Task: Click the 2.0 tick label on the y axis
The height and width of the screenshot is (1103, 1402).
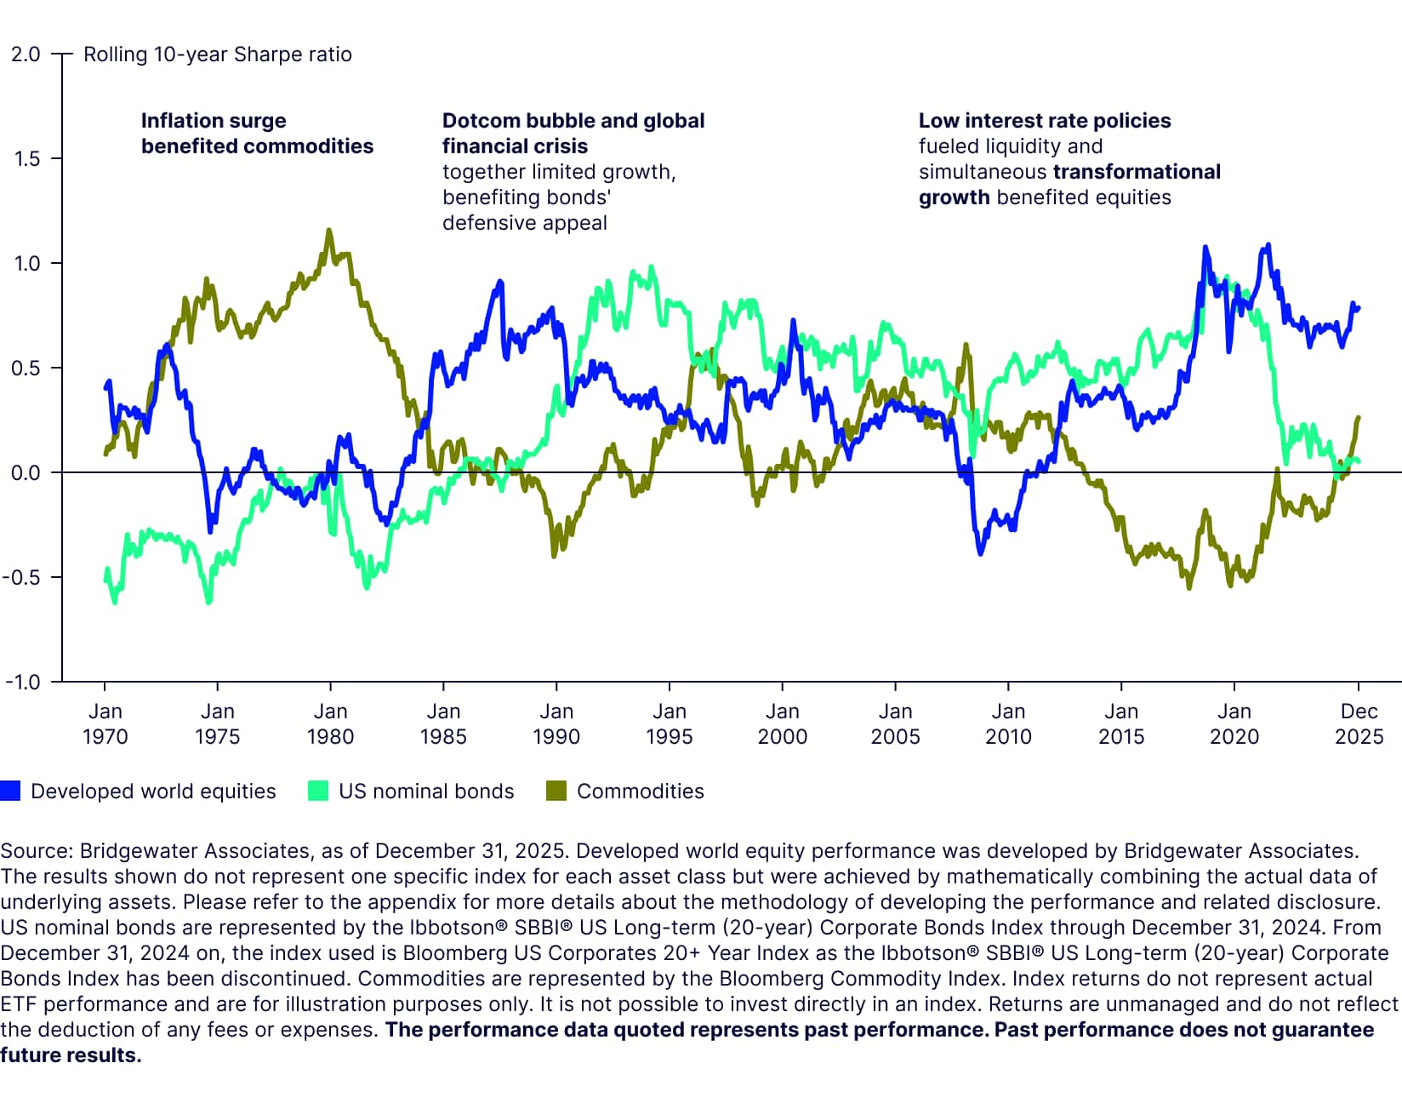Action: (26, 54)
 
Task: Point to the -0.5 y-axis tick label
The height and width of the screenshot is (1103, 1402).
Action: (22, 578)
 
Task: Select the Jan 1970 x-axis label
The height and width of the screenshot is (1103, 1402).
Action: (105, 724)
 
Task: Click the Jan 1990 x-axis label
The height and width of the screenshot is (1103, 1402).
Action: (556, 724)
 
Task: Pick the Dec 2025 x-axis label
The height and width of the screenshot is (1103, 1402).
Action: (1359, 724)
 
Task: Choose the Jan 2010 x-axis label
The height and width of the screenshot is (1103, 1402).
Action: (1008, 724)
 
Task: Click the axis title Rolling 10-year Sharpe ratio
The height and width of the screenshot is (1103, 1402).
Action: (218, 54)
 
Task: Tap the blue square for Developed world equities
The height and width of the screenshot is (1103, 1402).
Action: (10, 791)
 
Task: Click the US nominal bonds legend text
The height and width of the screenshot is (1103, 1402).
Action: (426, 792)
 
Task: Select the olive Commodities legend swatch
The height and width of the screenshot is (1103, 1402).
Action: (556, 791)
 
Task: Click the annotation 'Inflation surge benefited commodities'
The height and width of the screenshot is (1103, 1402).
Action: (257, 134)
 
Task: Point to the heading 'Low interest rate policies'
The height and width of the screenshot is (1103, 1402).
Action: (1045, 121)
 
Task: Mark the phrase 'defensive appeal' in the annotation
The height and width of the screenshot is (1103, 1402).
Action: (525, 223)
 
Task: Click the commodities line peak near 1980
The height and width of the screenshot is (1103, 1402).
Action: (329, 230)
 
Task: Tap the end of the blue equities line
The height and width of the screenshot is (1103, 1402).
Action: (1359, 308)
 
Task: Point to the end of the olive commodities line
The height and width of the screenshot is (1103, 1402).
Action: (1359, 417)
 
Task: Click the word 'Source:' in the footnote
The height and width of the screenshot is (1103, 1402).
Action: (37, 851)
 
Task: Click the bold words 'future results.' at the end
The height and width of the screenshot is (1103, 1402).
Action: (71, 1055)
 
